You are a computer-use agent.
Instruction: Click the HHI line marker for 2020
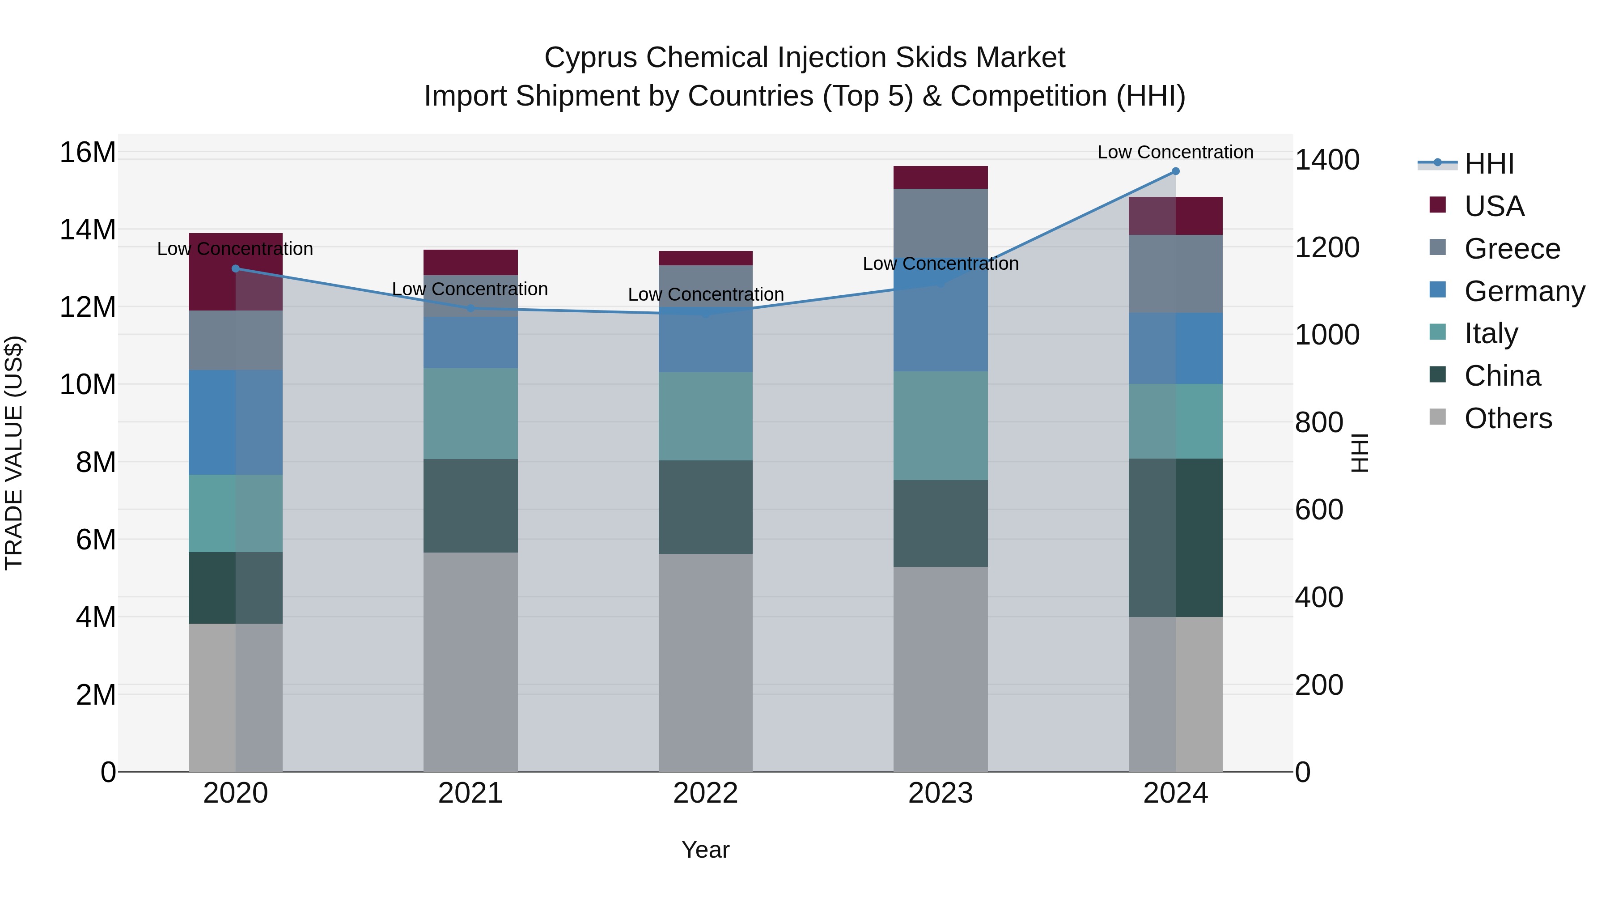[x=236, y=269]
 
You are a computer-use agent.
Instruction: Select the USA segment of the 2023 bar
[x=940, y=178]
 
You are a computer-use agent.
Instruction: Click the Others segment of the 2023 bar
[x=940, y=669]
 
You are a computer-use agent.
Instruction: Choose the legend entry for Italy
[x=1491, y=333]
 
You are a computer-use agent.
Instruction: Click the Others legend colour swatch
[x=1437, y=417]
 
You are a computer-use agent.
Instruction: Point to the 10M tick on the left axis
[x=88, y=384]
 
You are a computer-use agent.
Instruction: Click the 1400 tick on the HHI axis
[x=1326, y=160]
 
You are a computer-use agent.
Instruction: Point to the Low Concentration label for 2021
[x=470, y=289]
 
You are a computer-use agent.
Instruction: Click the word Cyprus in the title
[x=591, y=58]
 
